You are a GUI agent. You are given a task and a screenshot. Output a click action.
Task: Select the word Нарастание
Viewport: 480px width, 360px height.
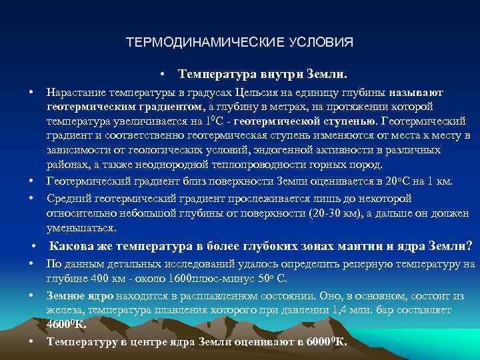tap(73, 93)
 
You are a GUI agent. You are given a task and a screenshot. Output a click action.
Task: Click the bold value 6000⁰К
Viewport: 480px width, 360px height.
tap(326, 342)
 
